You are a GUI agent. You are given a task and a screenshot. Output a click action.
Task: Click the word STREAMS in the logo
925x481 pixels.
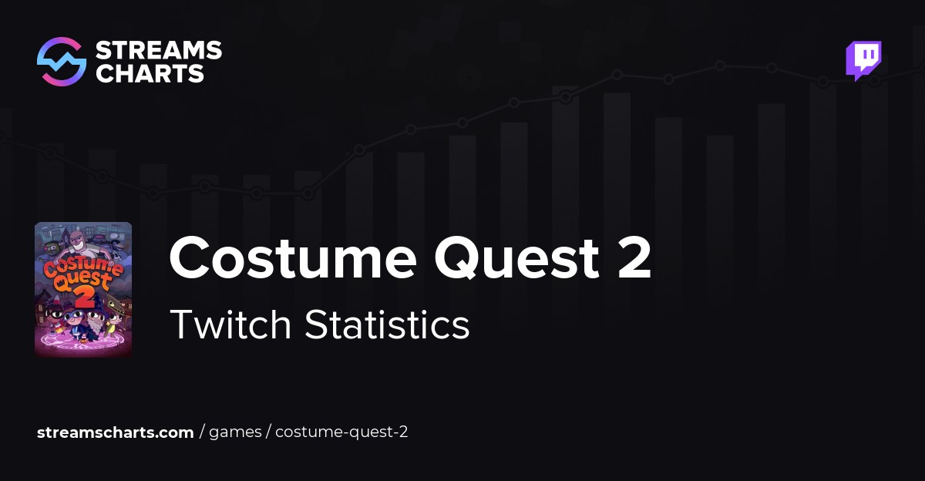(x=158, y=52)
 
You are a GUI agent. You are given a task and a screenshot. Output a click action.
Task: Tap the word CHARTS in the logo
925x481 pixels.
(x=150, y=74)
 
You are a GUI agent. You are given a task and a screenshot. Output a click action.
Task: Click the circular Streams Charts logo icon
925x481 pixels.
(x=62, y=62)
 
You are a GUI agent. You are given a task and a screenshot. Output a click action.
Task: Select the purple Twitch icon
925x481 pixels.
(x=863, y=60)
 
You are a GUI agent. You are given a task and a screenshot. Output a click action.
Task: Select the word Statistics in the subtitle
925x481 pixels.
(x=387, y=325)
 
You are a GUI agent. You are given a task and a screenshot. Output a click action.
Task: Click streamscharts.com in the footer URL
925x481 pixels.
(x=115, y=432)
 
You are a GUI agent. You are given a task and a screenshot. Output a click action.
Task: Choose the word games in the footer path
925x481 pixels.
(x=235, y=432)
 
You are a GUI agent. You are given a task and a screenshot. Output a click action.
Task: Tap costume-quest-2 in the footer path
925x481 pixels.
(x=341, y=432)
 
